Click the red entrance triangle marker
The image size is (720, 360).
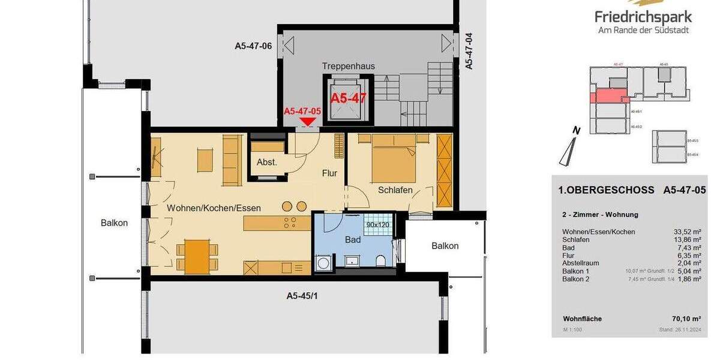tap(308, 122)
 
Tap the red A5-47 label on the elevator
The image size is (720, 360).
tap(348, 98)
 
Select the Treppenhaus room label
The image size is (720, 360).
tap(344, 66)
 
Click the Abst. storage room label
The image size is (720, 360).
tap(266, 162)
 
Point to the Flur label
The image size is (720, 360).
tap(329, 173)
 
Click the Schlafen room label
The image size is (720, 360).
tap(395, 190)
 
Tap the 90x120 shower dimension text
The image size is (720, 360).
tap(377, 224)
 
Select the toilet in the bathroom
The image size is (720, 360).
tap(380, 260)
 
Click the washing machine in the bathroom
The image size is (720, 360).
tap(322, 262)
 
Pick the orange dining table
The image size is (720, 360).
tap(196, 256)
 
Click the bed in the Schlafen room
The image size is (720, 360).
tap(393, 158)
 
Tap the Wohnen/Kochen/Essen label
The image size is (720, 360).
tap(214, 208)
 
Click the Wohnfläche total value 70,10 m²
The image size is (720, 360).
tap(688, 319)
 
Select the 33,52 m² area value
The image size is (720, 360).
tap(687, 232)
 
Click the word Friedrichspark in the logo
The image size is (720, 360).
tap(643, 17)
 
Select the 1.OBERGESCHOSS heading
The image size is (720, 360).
tap(606, 190)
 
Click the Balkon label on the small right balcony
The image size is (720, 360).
tap(445, 245)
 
